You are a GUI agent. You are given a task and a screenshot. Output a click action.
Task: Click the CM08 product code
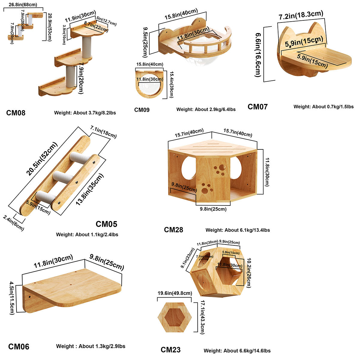point(16,113)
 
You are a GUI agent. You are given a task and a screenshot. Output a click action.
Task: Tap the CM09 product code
point(142,110)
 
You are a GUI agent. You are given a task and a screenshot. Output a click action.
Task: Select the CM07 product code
point(257,107)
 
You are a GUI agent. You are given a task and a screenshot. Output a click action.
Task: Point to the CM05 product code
point(106,224)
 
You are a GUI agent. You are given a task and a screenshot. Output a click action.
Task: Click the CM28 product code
point(173,230)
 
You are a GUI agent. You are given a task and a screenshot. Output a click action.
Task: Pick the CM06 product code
point(19,347)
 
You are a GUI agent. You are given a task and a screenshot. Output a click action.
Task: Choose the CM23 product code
point(171,350)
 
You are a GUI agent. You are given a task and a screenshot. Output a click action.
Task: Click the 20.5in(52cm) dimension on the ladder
point(42,159)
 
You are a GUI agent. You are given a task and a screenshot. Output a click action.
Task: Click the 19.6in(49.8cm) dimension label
point(175,293)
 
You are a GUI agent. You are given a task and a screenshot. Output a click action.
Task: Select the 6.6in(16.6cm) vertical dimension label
point(258,54)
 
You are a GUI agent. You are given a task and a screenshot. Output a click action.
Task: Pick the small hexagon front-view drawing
point(175,317)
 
